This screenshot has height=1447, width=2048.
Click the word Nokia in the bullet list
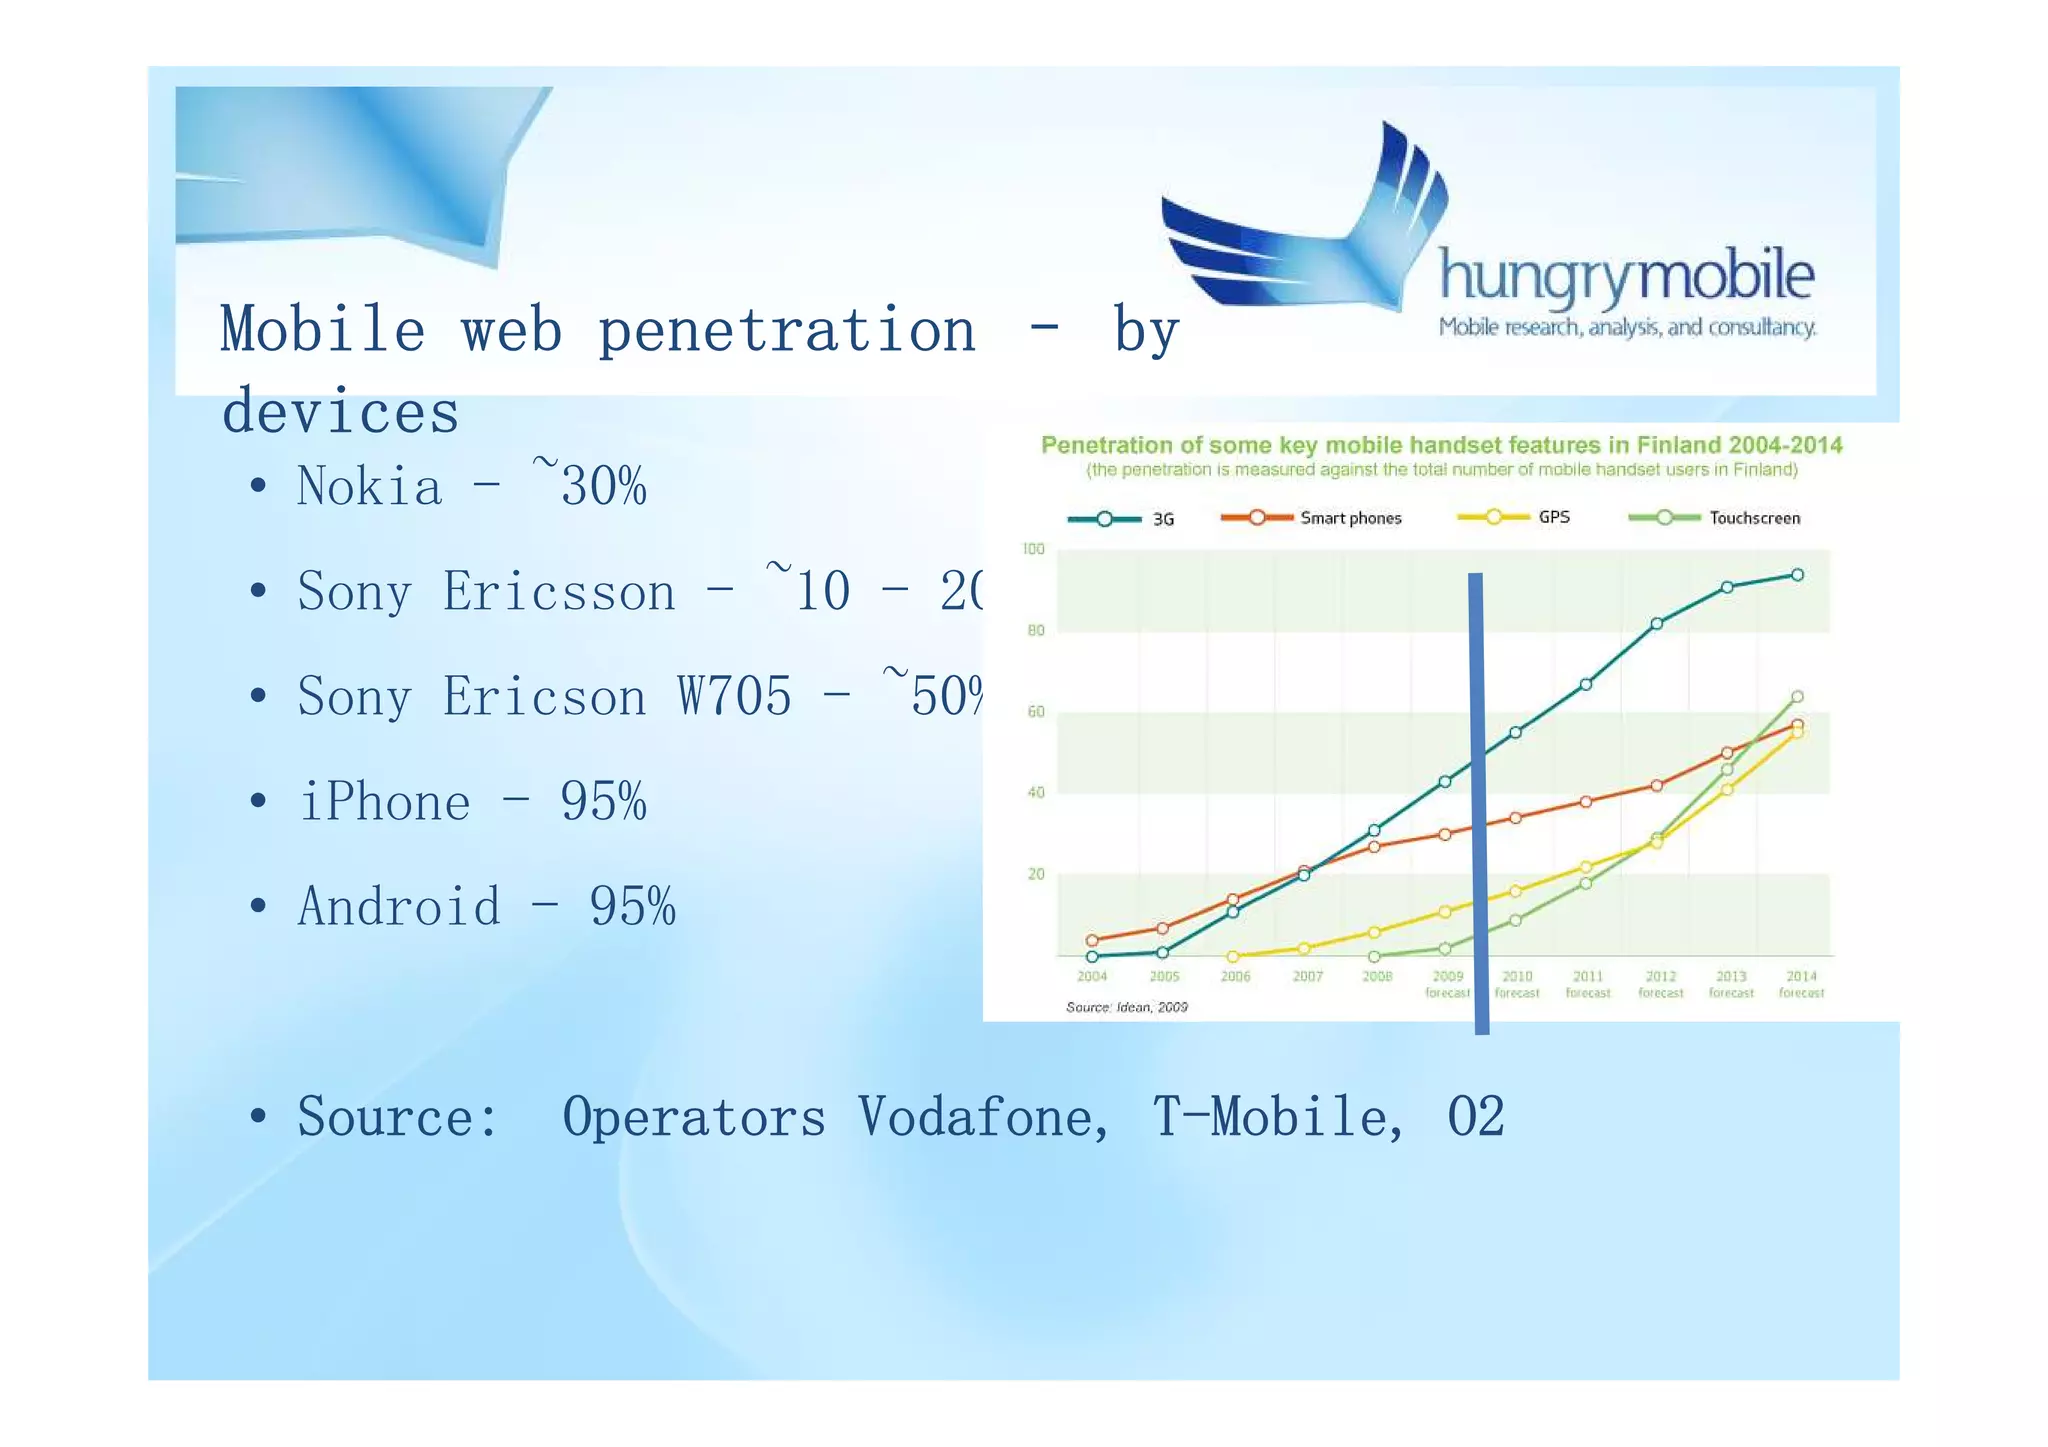pyautogui.click(x=369, y=487)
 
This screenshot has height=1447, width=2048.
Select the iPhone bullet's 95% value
pyautogui.click(x=603, y=802)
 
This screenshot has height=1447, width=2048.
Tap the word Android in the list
pyautogui.click(x=399, y=907)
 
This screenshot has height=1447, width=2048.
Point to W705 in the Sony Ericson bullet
pyautogui.click(x=734, y=697)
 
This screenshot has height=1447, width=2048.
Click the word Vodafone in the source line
pyautogui.click(x=983, y=1117)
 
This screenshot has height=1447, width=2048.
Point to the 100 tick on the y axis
pyautogui.click(x=1033, y=549)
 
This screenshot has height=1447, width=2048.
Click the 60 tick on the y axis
pyautogui.click(x=1035, y=712)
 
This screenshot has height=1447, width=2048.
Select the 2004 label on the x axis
pyautogui.click(x=1091, y=977)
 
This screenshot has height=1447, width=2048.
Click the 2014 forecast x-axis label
pyautogui.click(x=1801, y=984)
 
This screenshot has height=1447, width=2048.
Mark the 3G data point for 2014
pyautogui.click(x=1797, y=575)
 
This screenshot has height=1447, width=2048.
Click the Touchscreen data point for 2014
pyautogui.click(x=1797, y=697)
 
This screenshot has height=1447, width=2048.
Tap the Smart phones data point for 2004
pyautogui.click(x=1092, y=940)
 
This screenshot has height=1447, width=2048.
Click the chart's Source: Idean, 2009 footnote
pyautogui.click(x=1126, y=1007)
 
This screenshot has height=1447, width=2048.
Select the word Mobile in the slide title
pyautogui.click(x=322, y=330)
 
